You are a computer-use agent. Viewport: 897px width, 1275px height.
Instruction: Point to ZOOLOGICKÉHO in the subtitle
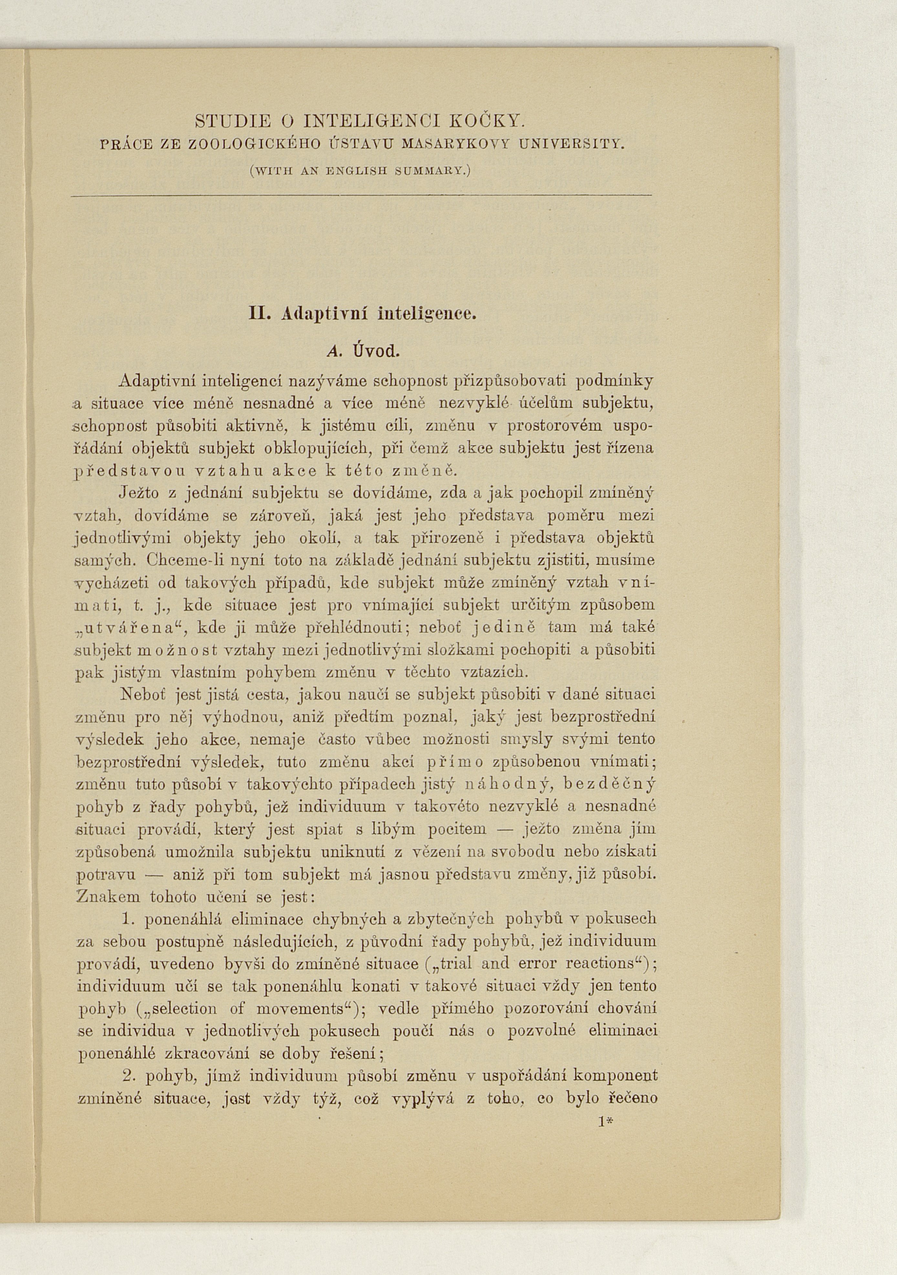point(255,146)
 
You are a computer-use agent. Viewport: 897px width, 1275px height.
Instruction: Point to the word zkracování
point(189,1054)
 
